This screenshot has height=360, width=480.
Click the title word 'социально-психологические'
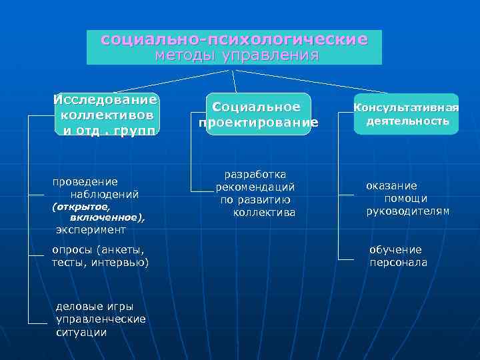[234, 39]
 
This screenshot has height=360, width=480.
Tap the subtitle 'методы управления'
[237, 55]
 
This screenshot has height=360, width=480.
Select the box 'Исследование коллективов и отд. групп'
[107, 114]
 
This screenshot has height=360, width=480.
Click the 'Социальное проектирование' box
[258, 115]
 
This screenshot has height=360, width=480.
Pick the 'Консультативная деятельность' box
[406, 114]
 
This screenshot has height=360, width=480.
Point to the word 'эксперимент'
[91, 229]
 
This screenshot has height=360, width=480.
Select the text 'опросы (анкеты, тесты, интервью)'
[101, 256]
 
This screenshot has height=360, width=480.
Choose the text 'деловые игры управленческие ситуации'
[101, 319]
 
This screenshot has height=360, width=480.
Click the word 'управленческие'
[101, 319]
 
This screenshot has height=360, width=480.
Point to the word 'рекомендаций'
[255, 187]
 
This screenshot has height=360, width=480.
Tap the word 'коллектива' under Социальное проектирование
[264, 213]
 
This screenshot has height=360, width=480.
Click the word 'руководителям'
[407, 211]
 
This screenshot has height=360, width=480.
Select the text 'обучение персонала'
[398, 256]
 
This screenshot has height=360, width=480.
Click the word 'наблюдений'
[105, 194]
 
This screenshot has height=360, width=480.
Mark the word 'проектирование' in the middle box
[258, 123]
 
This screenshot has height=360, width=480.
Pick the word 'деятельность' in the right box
[407, 121]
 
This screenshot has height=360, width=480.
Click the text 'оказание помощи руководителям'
[406, 199]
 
